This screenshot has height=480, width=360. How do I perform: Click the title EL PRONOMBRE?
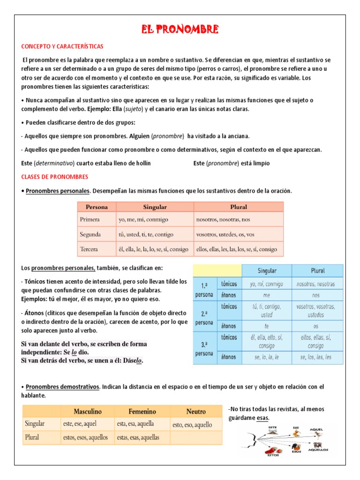[180, 30]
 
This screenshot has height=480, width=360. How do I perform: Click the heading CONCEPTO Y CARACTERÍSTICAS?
[62, 47]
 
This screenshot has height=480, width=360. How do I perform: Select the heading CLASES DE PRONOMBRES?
[54, 177]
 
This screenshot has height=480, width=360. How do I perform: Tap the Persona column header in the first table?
[97, 207]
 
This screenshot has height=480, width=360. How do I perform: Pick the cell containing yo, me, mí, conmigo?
[137, 219]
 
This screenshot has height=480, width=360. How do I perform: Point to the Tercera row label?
[89, 249]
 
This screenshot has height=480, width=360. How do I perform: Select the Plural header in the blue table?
[317, 271]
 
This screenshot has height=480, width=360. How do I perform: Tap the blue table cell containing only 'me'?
[266, 296]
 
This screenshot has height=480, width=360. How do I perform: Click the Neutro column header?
[196, 412]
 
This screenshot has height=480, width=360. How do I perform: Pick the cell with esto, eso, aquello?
[192, 425]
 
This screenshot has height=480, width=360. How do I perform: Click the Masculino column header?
[88, 412]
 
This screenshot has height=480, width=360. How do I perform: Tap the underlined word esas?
[262, 418]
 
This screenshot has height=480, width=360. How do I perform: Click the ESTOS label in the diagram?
[273, 455]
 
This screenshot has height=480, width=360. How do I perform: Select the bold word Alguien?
[137, 136]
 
